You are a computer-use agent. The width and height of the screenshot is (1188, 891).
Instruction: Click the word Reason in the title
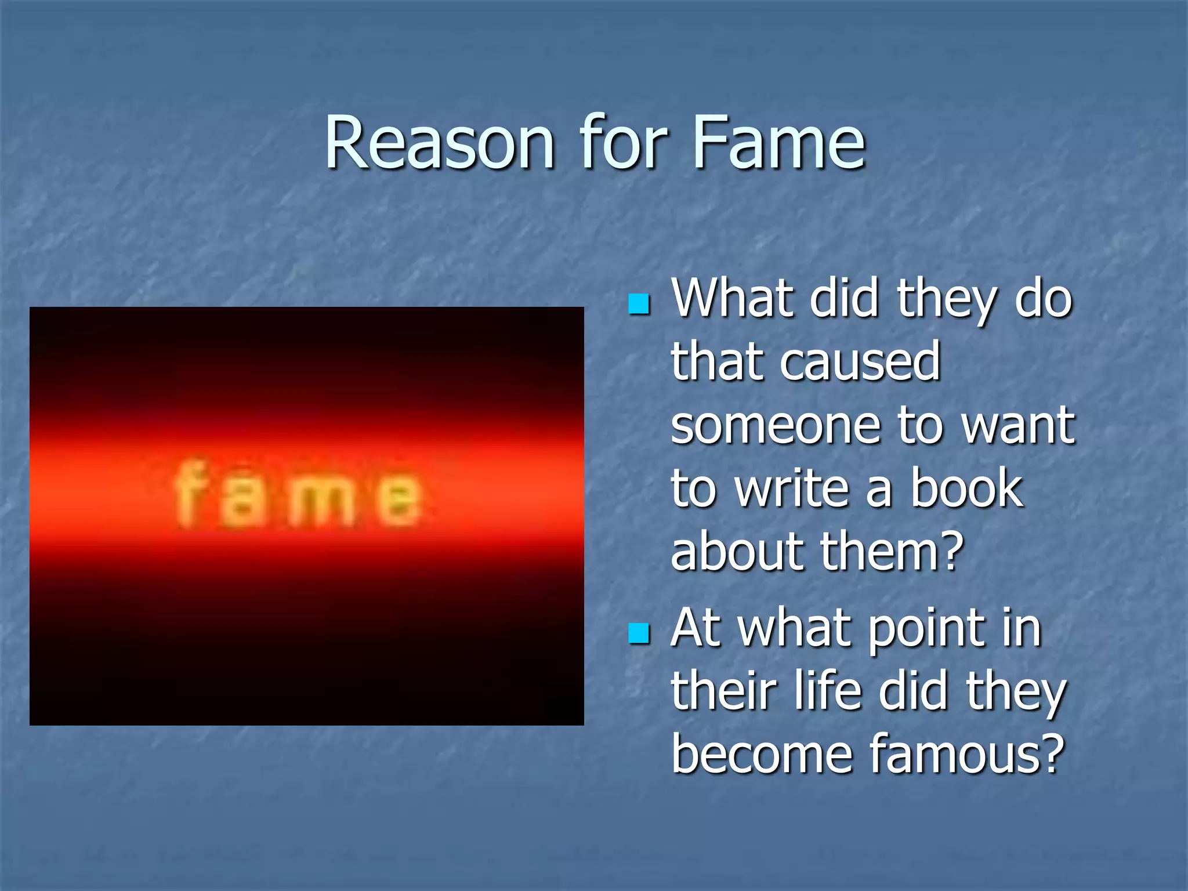440,143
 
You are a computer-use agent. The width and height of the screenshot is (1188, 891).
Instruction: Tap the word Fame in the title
778,143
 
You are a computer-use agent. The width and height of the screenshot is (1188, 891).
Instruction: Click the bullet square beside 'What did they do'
639,304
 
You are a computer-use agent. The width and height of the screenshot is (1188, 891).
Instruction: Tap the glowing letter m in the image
322,501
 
